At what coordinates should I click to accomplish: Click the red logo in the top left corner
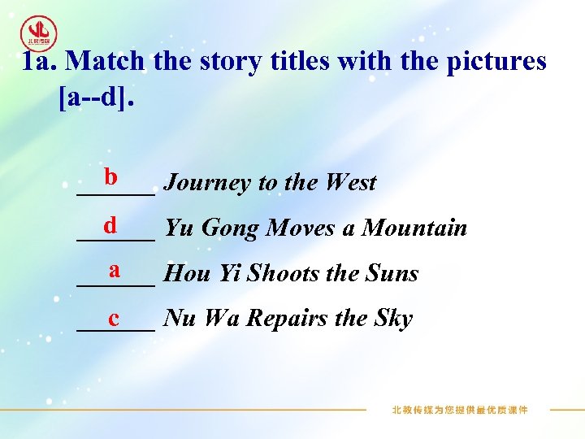click(38, 33)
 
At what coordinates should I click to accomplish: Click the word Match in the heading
click(104, 60)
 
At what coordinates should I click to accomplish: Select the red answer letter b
click(110, 176)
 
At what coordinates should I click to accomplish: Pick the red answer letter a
click(115, 268)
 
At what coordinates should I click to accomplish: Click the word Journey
click(207, 183)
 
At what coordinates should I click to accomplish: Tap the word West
click(349, 183)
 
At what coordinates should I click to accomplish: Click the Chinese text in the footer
click(460, 410)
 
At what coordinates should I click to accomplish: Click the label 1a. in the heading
click(38, 60)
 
